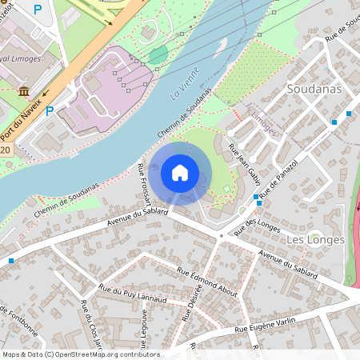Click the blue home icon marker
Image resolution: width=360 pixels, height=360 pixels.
click(x=180, y=173)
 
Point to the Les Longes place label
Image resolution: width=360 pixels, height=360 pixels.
click(x=315, y=239)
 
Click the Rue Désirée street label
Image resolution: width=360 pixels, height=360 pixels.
click(x=191, y=303)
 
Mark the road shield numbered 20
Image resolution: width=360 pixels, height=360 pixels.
click(x=6, y=150)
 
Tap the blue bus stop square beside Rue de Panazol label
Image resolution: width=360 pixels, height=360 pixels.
click(x=256, y=197)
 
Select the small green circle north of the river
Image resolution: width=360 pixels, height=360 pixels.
click(x=158, y=54)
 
